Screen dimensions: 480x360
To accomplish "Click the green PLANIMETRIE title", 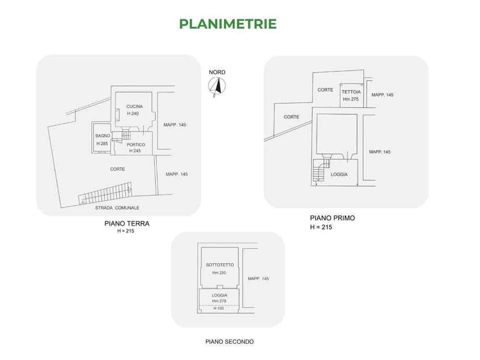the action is pos(228,24).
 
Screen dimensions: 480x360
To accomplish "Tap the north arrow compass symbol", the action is pos(217,87).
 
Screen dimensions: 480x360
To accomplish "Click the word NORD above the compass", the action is pos(217,72).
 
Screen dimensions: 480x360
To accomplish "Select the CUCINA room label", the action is pos(135,106).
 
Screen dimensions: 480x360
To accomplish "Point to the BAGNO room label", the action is pos(103,136).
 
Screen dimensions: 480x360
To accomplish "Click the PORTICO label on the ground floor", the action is pos(136,145).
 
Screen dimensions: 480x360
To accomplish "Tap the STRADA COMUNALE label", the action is pos(117,208).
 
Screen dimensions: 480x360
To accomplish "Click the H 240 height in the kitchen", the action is pos(133,114).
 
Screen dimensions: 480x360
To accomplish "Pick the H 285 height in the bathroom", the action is pos(102,143).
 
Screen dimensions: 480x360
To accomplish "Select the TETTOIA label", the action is pos(351,92).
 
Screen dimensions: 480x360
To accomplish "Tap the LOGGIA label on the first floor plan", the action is pos(339,174).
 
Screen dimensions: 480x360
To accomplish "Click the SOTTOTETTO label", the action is pos(220,265).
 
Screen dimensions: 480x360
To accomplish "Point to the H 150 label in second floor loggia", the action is pos(219,308).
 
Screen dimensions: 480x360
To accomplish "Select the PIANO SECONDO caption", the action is pos(230,342).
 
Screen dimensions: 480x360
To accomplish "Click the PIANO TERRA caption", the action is pos(127,224).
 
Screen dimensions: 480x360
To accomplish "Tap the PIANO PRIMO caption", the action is pos(332,218).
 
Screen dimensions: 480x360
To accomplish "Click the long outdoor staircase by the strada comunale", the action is pos(105,194).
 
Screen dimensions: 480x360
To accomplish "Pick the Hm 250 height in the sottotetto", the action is pos(219,273).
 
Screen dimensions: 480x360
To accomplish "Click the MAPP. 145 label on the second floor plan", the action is pos(258,279).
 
